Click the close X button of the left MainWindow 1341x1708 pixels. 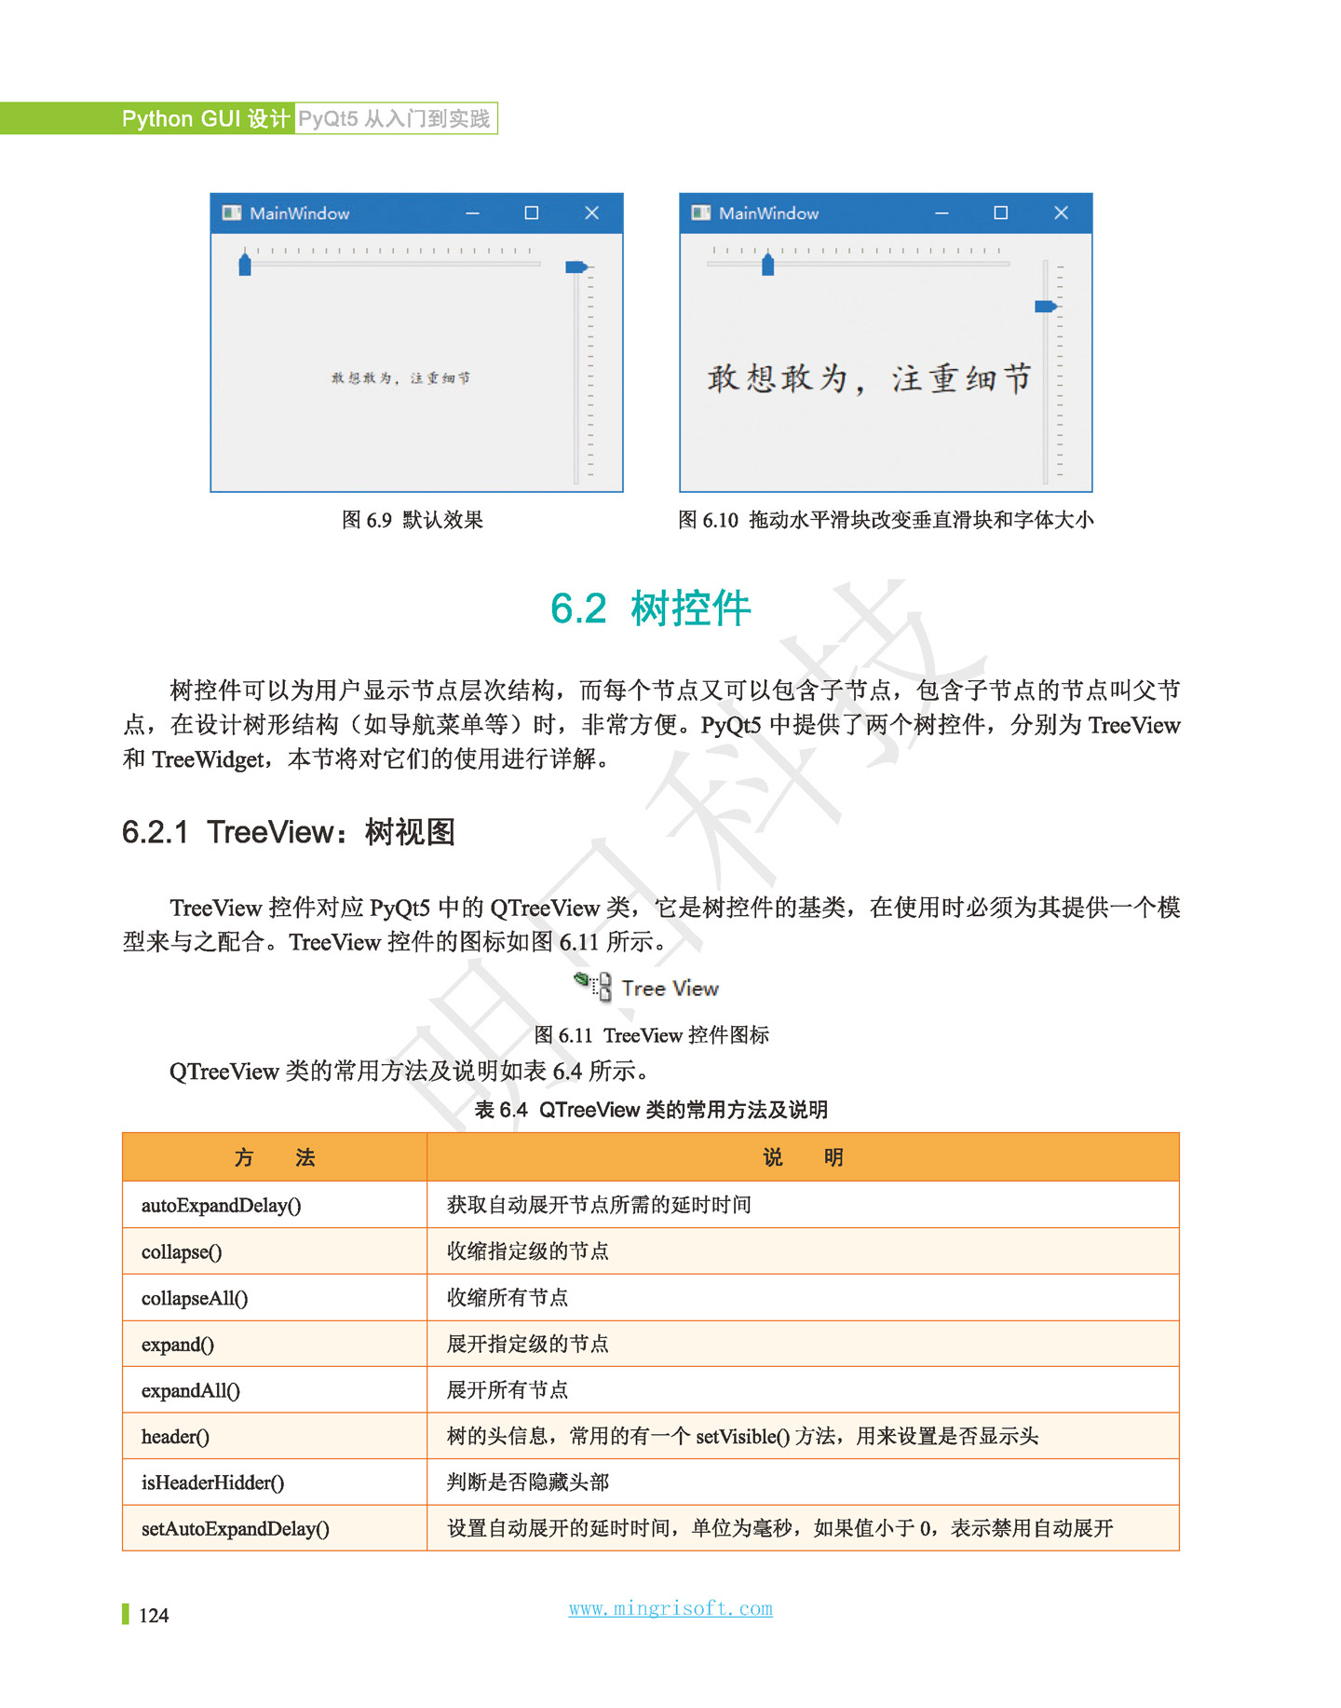[x=591, y=213]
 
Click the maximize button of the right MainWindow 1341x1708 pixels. [x=1000, y=213]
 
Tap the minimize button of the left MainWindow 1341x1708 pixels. [x=473, y=213]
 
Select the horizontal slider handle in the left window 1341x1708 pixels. [x=245, y=265]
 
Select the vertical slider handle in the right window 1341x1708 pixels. [x=1045, y=307]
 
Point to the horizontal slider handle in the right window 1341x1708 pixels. [x=767, y=265]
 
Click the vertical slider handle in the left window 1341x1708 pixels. [x=576, y=267]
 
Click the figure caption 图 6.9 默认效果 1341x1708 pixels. [x=412, y=520]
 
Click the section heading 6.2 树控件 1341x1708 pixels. [x=650, y=608]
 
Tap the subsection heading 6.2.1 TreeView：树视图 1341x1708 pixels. [x=288, y=831]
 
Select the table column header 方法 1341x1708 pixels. [x=275, y=1157]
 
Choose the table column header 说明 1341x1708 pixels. [x=803, y=1157]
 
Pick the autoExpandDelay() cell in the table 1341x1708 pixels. [x=222, y=1205]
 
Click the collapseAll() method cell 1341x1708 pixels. [x=195, y=1298]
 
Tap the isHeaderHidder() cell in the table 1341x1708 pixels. [x=212, y=1483]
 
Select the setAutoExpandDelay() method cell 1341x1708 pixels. [x=236, y=1529]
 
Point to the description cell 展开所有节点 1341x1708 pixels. [x=508, y=1390]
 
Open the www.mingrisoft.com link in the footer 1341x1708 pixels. [x=670, y=1608]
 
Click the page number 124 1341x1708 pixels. [x=154, y=1616]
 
